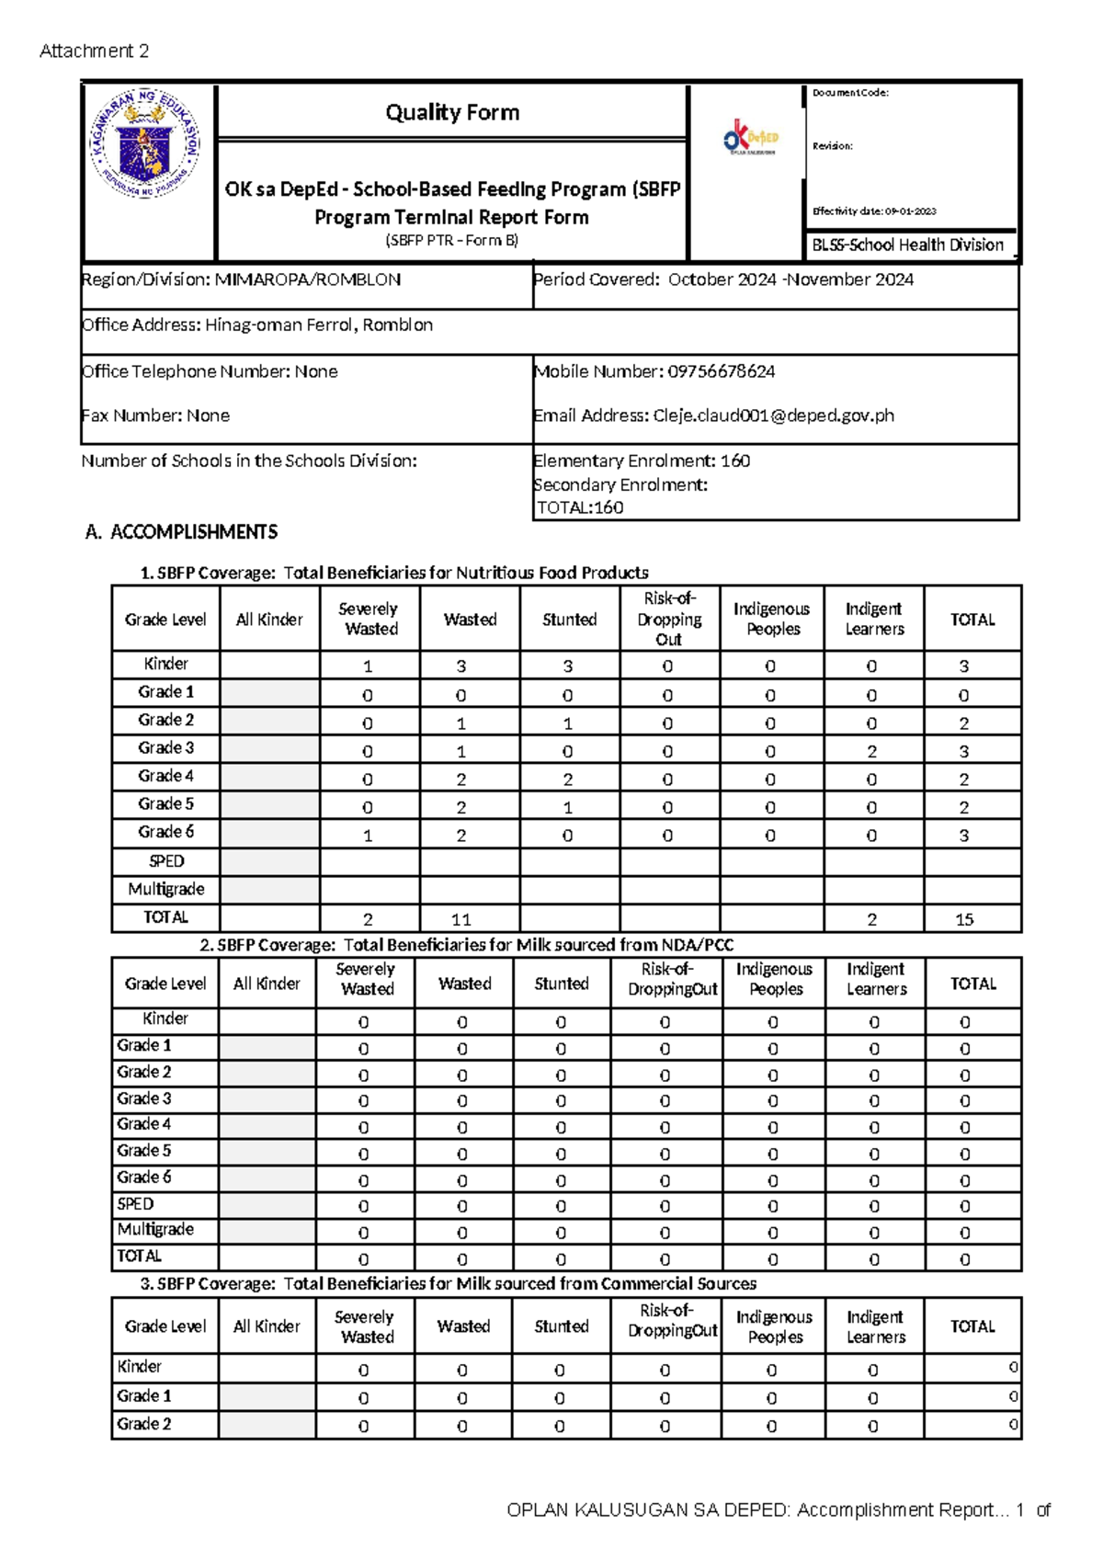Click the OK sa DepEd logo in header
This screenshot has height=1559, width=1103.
751,137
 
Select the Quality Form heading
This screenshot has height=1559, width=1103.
452,112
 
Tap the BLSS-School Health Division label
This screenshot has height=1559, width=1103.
907,245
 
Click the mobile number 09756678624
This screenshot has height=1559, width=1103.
721,371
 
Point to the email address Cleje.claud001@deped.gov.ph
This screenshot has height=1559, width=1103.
773,415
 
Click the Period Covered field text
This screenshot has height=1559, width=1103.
723,279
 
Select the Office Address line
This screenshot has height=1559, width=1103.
257,324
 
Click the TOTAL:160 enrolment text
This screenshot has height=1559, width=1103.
580,507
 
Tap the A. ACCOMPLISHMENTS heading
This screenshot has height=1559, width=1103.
181,532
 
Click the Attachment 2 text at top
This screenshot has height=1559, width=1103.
94,51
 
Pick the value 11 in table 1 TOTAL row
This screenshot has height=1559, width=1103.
461,919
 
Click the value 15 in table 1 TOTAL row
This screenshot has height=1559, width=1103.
964,919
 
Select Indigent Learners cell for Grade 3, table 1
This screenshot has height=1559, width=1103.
871,752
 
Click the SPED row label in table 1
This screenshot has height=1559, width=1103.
166,861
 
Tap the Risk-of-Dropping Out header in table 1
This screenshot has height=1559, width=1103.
669,619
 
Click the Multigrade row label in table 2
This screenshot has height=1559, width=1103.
155,1229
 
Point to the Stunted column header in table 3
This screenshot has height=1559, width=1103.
561,1326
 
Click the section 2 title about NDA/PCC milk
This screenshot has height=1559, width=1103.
466,945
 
